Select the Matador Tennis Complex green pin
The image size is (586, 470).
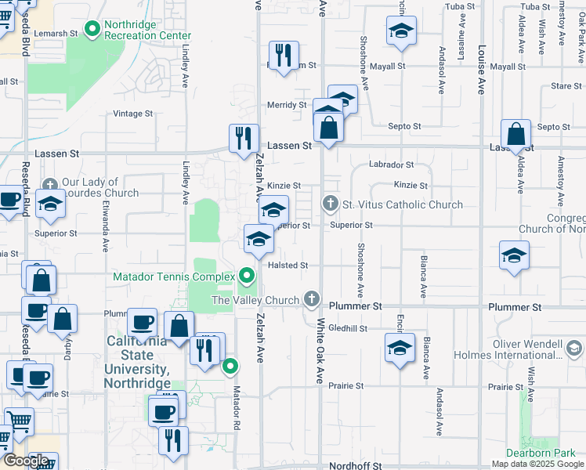click(x=248, y=277)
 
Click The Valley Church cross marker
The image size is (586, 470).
click(x=312, y=299)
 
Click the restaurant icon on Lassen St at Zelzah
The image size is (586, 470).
click(x=244, y=138)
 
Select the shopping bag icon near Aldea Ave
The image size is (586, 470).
click(x=516, y=135)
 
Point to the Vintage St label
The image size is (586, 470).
click(x=132, y=114)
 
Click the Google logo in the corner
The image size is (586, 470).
click(x=26, y=461)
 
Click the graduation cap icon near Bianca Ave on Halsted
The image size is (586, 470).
click(x=514, y=255)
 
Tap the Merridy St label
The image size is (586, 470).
click(x=286, y=105)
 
